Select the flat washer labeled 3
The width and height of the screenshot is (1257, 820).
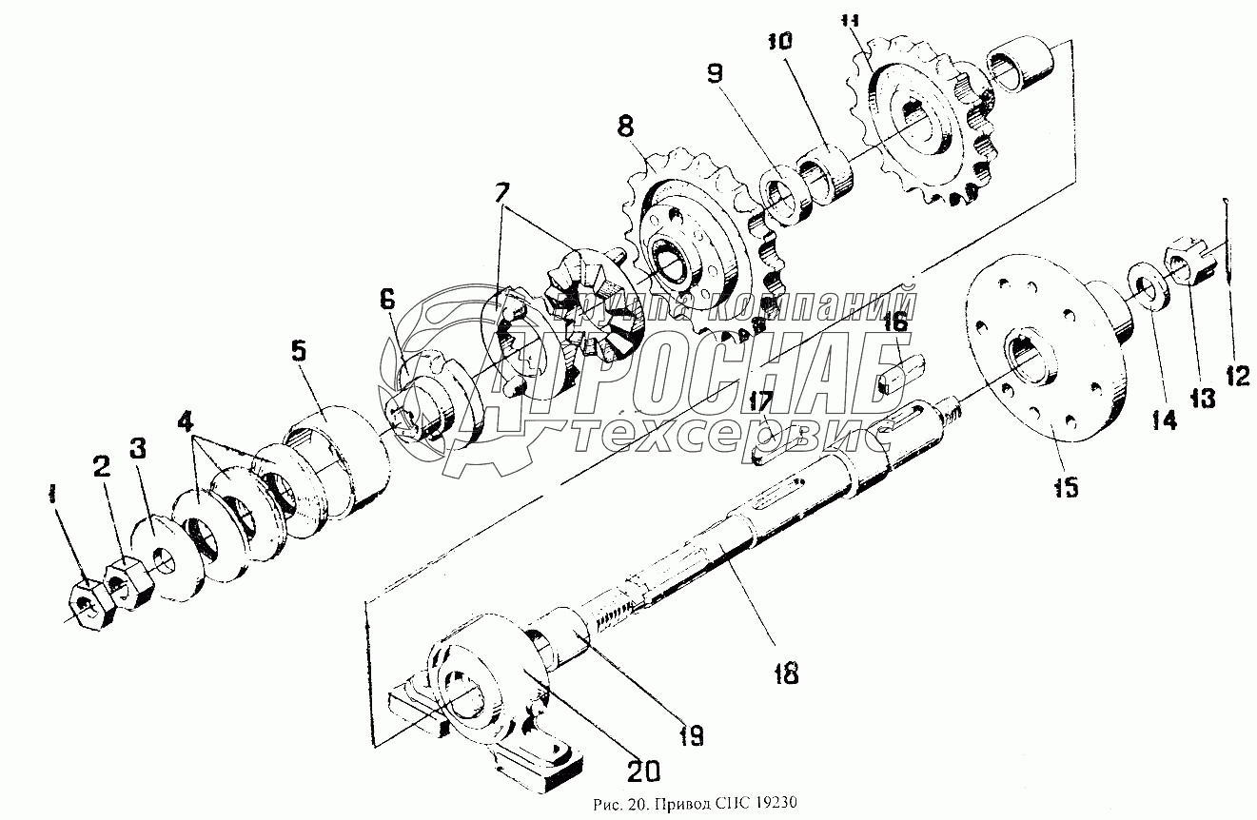point(168,561)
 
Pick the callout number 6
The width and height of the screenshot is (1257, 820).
point(387,300)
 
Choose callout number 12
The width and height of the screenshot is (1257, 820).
point(1236,377)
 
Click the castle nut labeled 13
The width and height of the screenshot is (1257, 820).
point(1188,265)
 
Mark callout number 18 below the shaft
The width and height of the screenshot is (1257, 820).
point(785,674)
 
